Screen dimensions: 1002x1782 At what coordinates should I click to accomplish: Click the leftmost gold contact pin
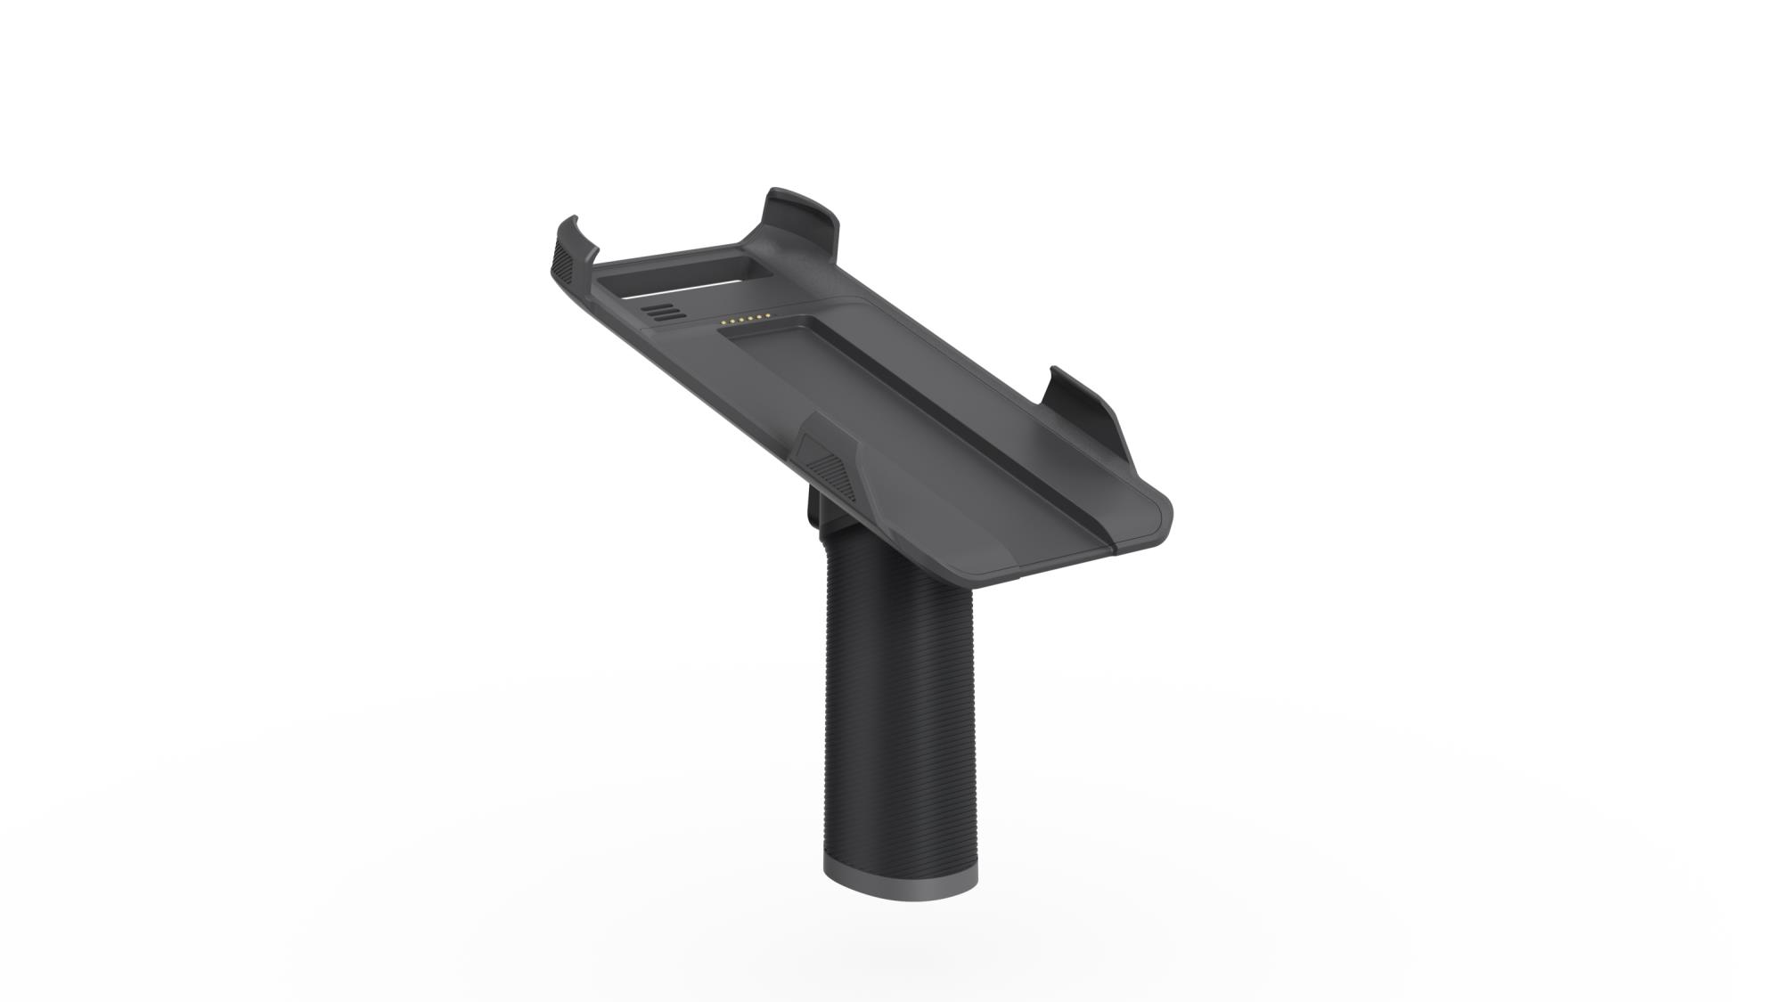click(x=723, y=322)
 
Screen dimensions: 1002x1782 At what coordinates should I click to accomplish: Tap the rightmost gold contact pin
click(x=768, y=315)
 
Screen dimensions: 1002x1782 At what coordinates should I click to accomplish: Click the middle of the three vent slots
click(x=664, y=312)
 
